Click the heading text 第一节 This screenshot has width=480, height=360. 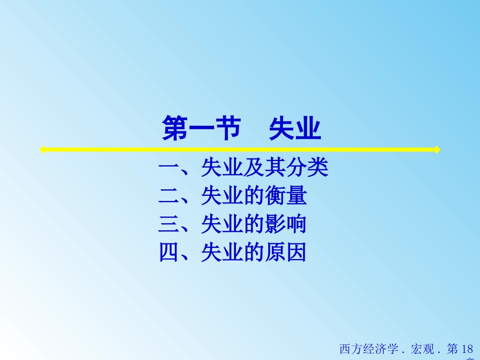coord(201,129)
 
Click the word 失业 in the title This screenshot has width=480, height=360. coord(295,129)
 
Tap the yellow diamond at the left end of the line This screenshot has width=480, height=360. coord(43,149)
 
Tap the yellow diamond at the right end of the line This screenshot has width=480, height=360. coord(437,149)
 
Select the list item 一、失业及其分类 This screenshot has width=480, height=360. coord(243,168)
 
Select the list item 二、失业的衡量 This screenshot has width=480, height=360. coord(232,196)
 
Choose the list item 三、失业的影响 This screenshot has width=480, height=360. coord(232,224)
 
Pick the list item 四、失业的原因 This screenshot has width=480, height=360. coord(232,252)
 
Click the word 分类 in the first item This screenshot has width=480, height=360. coord(307,168)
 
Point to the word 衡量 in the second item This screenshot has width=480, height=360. coord(285,196)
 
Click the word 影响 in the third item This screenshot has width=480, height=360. coord(285,224)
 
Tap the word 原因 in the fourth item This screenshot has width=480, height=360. coord(285,252)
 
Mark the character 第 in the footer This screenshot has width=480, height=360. coord(453,349)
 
